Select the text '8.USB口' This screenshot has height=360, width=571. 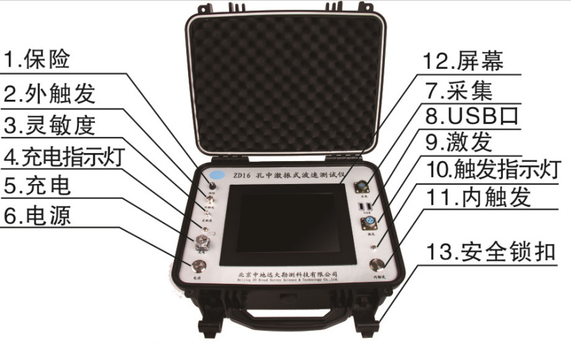481,116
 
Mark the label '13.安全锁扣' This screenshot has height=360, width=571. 490,253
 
